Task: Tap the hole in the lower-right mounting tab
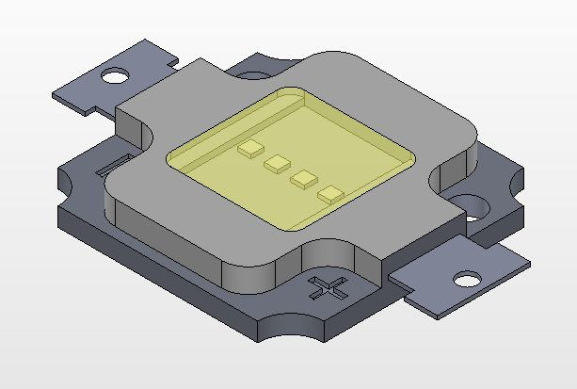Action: coord(467,280)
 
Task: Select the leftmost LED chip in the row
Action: coord(250,149)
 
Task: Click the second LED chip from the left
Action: coord(278,164)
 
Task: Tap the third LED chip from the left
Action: coord(304,178)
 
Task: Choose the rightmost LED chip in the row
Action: coord(331,194)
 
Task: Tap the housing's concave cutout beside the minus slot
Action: coord(132,141)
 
